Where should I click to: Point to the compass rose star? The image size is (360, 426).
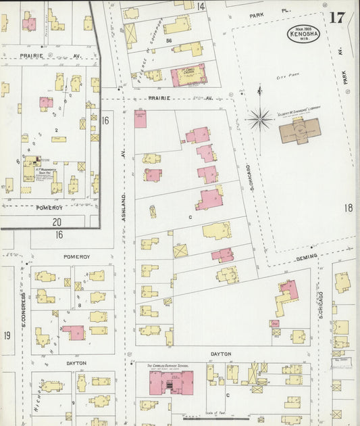tap(259, 120)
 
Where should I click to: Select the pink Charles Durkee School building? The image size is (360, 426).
tap(170, 383)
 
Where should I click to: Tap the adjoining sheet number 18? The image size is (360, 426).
tap(348, 208)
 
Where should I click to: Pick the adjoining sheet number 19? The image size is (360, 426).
tap(7, 335)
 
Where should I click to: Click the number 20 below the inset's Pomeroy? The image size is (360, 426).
tap(57, 221)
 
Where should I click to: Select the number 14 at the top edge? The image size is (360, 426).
tap(201, 6)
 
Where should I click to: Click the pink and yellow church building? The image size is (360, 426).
tap(188, 75)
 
